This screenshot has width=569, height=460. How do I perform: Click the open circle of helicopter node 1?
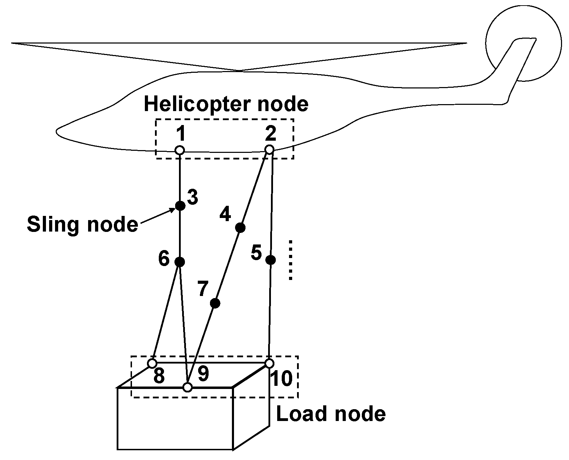179,150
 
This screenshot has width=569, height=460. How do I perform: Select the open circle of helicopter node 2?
269,149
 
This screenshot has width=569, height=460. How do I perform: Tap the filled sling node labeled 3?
180,205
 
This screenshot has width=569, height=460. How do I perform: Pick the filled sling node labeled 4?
240,228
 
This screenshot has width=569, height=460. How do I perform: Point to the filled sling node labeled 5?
271,260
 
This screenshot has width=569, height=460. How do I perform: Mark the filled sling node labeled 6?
179,262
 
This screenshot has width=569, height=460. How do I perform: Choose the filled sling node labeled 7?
215,303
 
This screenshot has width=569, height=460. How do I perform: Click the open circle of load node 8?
152,363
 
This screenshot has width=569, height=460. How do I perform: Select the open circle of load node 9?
188,387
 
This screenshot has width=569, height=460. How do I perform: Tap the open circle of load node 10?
269,363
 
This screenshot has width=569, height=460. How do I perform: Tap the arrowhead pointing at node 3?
172,210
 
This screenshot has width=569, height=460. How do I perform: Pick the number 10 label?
281,379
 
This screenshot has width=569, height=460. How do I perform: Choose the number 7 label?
203,289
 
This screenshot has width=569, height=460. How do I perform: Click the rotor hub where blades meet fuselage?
240,71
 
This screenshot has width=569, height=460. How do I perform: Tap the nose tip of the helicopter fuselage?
57,132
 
